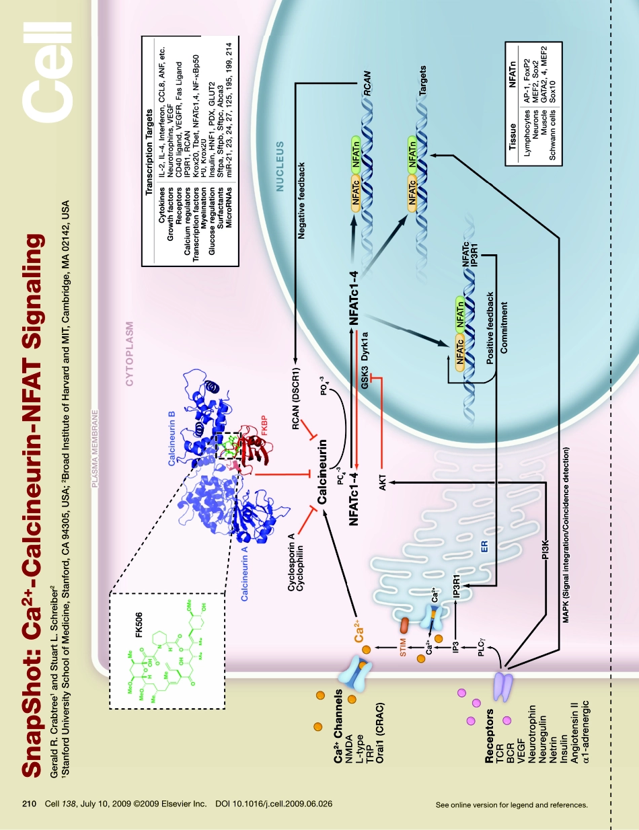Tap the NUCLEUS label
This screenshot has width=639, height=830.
[282, 167]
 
